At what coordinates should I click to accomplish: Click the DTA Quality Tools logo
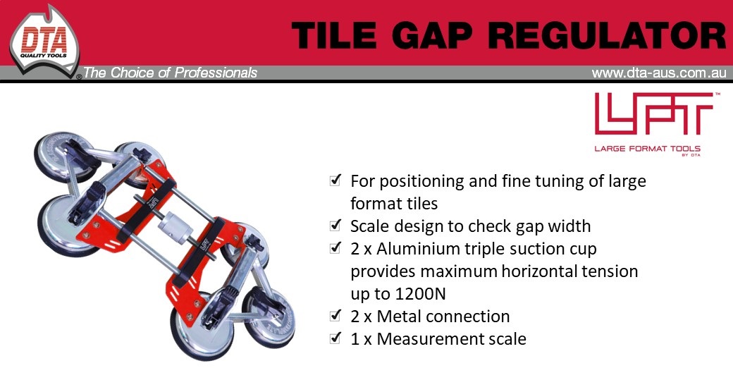click(x=44, y=43)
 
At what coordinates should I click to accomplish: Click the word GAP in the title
click(x=432, y=35)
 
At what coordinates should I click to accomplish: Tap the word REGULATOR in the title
click(x=607, y=35)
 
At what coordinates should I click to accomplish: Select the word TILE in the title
click(x=334, y=35)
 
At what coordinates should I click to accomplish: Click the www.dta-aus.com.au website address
click(x=659, y=73)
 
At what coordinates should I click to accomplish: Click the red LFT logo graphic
click(x=653, y=114)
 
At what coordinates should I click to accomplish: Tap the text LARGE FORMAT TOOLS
click(x=648, y=149)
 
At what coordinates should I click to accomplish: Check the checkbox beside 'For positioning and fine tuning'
click(x=335, y=180)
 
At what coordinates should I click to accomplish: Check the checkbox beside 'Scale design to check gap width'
click(x=335, y=226)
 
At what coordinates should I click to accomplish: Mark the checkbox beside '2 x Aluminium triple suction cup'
click(x=335, y=248)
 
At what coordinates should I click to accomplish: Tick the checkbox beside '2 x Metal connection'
click(x=335, y=316)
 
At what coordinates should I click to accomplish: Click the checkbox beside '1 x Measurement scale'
click(x=335, y=338)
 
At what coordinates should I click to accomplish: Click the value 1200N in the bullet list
click(x=420, y=294)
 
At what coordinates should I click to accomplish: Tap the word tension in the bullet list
click(x=610, y=271)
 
